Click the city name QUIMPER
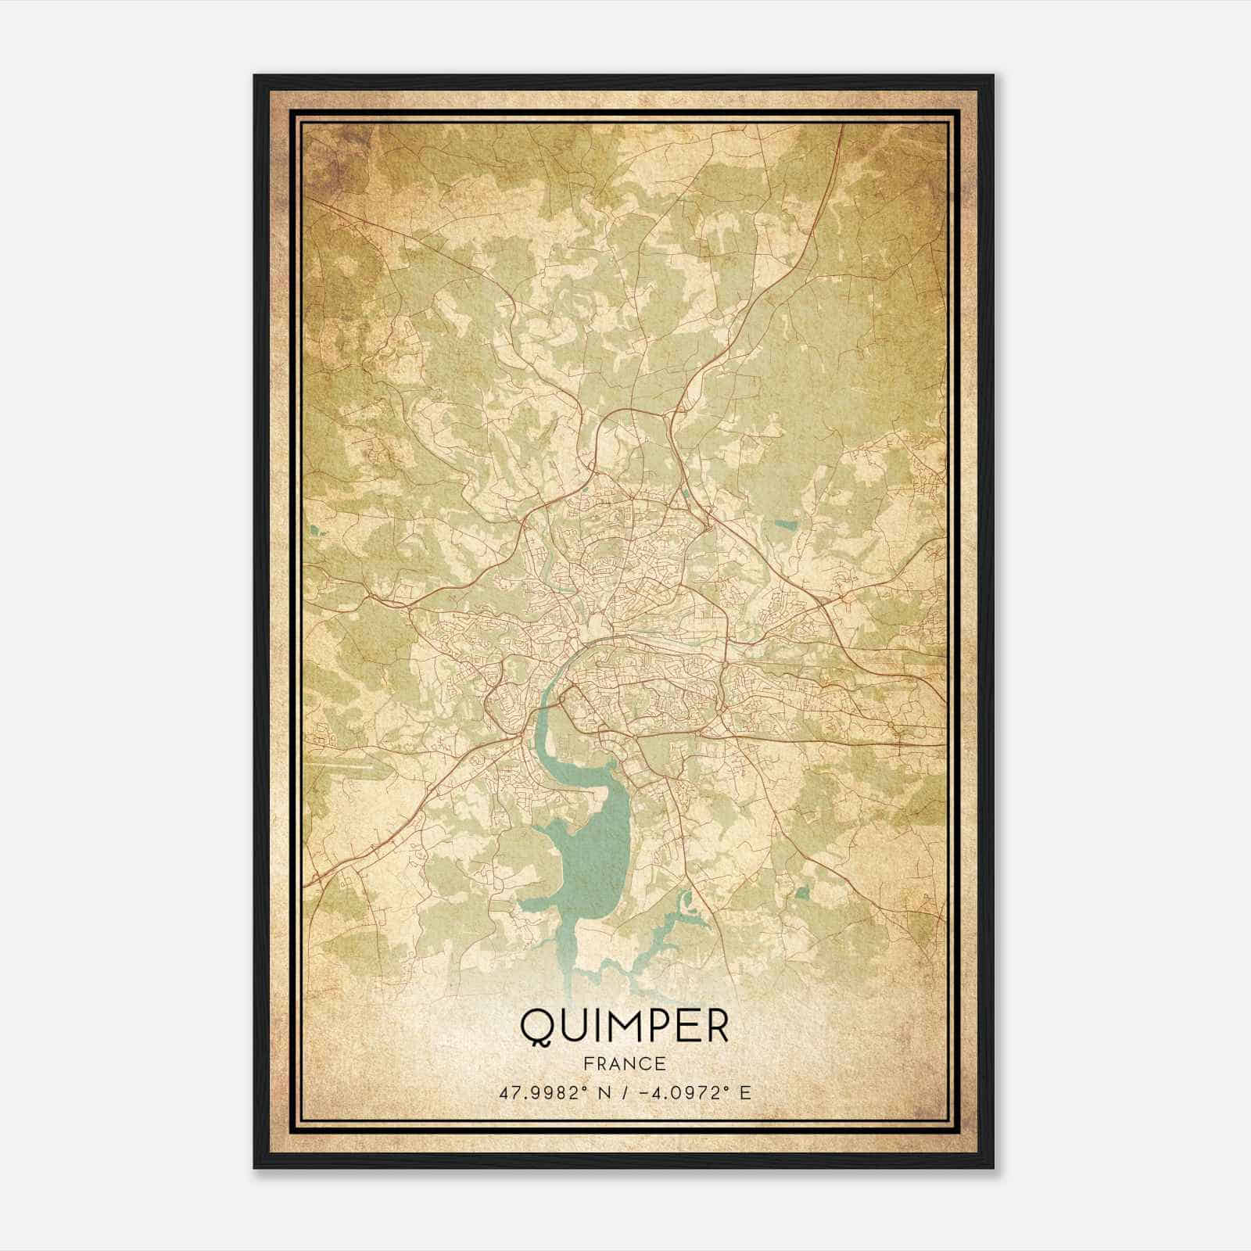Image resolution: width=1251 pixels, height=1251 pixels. pos(624,1027)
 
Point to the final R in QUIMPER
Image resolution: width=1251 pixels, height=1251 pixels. pos(715,1027)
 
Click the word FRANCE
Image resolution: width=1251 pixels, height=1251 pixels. pos(624,1063)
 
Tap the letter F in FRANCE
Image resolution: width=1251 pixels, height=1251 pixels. pos(588,1063)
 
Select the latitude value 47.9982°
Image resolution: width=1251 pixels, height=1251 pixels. pos(544,1093)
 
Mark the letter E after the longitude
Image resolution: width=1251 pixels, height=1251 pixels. pos(744,1093)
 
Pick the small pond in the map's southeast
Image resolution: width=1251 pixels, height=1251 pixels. pos(802,891)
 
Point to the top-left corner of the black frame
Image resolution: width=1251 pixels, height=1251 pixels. pos(255,76)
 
